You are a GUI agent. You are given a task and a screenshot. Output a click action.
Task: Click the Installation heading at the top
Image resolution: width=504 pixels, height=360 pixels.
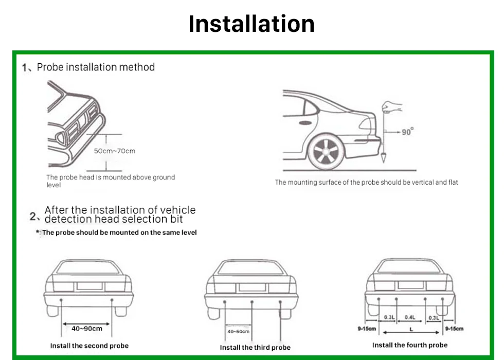(251, 24)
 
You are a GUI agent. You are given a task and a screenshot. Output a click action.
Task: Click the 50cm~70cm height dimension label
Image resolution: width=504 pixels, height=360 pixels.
(114, 151)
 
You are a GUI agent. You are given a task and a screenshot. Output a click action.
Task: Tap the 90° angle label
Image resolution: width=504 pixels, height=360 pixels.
(407, 132)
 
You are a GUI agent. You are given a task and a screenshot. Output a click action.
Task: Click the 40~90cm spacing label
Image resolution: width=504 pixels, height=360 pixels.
(87, 329)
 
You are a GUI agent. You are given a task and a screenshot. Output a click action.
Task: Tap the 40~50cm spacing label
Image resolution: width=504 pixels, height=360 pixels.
(238, 332)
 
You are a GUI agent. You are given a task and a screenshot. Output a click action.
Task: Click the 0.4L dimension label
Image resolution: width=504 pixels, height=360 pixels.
(410, 317)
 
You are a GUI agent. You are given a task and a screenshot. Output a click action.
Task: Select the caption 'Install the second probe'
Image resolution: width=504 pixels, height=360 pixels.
(89, 346)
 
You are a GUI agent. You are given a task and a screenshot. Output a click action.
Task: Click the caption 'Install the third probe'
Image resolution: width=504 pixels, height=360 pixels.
(255, 348)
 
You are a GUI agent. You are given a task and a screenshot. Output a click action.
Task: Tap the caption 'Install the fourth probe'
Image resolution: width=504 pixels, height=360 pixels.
(410, 345)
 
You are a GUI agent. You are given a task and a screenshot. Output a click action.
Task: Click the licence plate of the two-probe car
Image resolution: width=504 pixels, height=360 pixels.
(89, 286)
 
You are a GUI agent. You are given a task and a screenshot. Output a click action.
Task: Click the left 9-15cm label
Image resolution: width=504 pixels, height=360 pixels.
(367, 328)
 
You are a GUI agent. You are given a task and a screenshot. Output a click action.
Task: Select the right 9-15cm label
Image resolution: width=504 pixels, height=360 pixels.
(454, 328)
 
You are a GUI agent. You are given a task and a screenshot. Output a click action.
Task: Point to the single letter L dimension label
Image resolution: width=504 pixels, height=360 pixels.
(410, 328)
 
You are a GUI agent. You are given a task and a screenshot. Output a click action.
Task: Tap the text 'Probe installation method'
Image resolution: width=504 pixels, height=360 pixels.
(96, 67)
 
